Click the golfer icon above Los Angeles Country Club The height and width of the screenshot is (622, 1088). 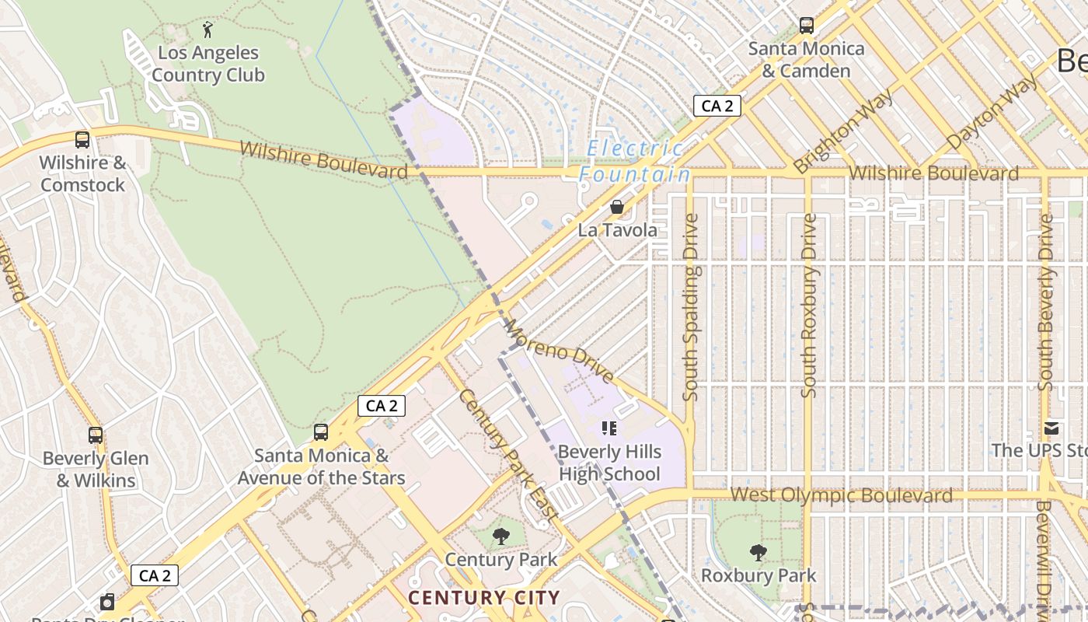pos(207,30)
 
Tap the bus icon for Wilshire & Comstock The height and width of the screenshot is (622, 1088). pos(82,140)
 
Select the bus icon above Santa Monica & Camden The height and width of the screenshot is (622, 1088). pos(807,26)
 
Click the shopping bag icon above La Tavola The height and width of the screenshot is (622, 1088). pos(616,207)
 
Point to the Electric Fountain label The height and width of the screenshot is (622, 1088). pos(634,161)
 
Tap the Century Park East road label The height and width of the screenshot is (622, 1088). pos(507,454)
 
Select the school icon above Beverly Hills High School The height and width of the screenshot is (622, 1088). pos(609,428)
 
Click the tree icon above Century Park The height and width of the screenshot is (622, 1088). pos(501,536)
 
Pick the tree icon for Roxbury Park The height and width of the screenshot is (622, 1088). pos(758,553)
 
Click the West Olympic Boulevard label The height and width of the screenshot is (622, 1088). pos(841,495)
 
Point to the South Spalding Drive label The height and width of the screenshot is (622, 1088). pos(691,307)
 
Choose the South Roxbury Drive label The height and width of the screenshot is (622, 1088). pos(809,306)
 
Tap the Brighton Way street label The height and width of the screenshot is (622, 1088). pos(843,130)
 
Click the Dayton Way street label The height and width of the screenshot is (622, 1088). pos(992,113)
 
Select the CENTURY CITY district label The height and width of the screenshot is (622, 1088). pos(483,598)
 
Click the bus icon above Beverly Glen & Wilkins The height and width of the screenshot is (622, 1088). pos(96,435)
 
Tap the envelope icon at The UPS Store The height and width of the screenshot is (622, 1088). pos(1051,428)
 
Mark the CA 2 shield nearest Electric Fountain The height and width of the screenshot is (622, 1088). pos(717,106)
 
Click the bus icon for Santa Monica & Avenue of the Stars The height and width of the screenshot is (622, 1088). pos(320,432)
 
